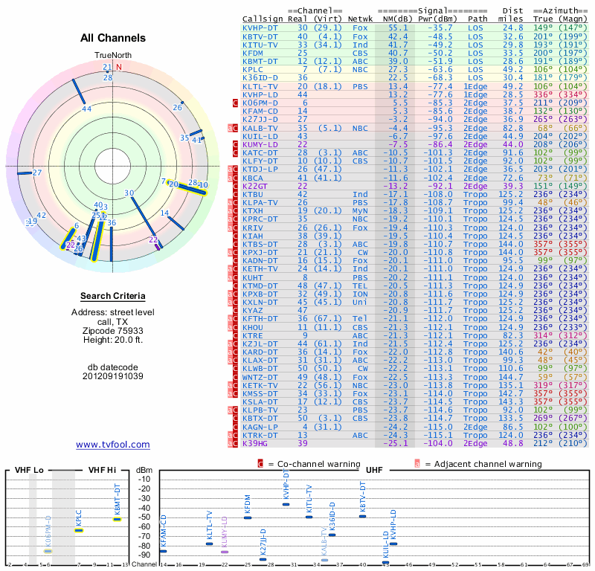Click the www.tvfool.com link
tap(113, 445)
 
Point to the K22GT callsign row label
tap(254, 186)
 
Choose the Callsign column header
tap(263, 18)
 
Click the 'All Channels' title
tap(113, 38)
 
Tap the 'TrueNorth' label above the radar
tap(112, 56)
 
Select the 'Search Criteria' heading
tap(113, 296)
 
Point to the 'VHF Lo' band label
tap(29, 470)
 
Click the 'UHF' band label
tap(374, 470)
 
